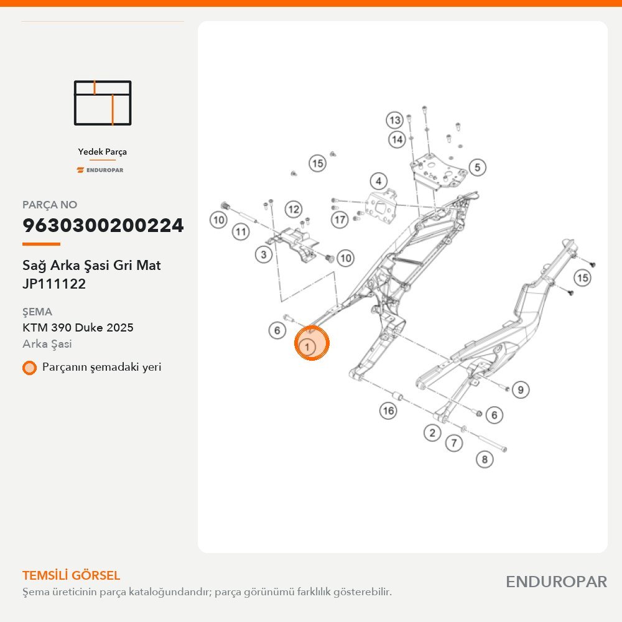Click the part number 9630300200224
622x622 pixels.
[x=103, y=225]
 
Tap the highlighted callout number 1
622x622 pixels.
[x=307, y=347]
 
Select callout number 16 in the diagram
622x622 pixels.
[x=388, y=411]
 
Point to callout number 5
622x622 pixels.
[x=477, y=167]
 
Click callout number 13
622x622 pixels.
[x=395, y=120]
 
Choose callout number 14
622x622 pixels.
[x=397, y=139]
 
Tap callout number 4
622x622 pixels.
[x=378, y=181]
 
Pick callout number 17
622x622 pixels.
[x=340, y=220]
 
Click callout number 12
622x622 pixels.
[x=294, y=209]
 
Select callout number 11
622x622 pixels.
[x=241, y=231]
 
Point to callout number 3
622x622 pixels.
[x=263, y=254]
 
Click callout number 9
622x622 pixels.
[x=521, y=389]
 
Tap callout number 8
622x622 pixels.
[x=485, y=460]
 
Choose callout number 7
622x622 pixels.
[x=454, y=443]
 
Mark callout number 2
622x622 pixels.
[x=432, y=432]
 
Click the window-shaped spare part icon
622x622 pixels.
[x=103, y=103]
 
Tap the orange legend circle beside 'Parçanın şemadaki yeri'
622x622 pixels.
[x=29, y=368]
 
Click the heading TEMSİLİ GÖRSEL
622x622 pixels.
[x=71, y=575]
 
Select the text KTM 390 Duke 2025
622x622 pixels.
[x=78, y=328]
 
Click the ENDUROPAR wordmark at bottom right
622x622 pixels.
[x=556, y=582]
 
